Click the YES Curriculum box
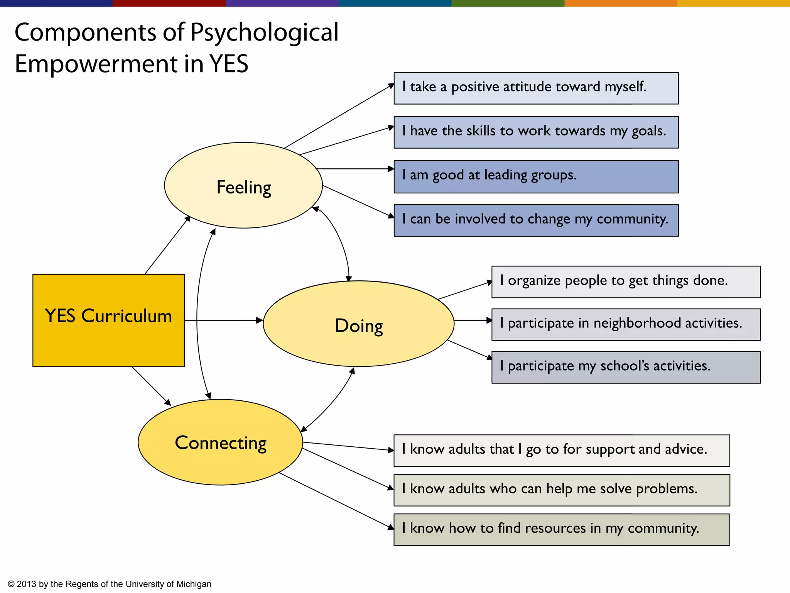click(x=108, y=320)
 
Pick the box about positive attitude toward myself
click(x=536, y=88)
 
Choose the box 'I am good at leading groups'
click(x=536, y=176)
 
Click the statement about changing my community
click(x=536, y=220)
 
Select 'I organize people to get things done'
click(x=626, y=282)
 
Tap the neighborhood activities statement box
click(x=626, y=324)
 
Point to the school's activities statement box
click(x=626, y=367)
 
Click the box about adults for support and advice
click(x=561, y=451)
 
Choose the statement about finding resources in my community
click(x=561, y=529)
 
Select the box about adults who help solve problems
click(x=561, y=490)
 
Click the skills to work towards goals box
click(x=536, y=132)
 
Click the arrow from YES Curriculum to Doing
click(x=224, y=320)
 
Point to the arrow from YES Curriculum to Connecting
click(x=151, y=386)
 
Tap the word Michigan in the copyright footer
click(x=194, y=584)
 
